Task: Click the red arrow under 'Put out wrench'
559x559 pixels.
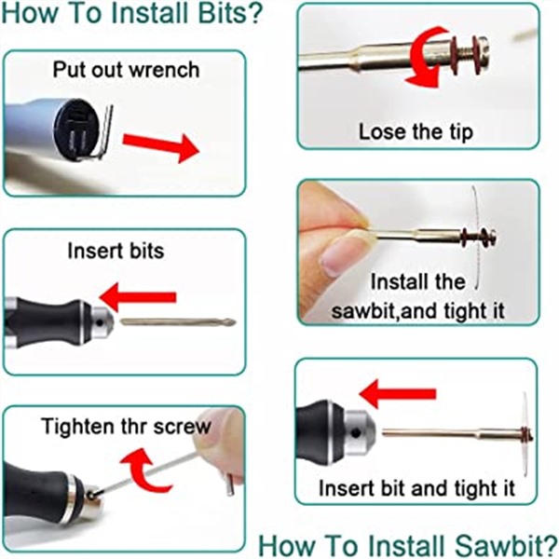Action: tap(160, 145)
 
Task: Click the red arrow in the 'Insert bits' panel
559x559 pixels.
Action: tap(138, 297)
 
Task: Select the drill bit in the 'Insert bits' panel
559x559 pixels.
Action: tap(178, 321)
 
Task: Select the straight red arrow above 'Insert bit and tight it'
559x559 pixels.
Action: tap(398, 393)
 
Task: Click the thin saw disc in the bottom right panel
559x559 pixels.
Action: tap(525, 434)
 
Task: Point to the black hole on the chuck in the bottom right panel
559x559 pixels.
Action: tap(356, 433)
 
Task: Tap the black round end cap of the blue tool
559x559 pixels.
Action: tap(76, 129)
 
